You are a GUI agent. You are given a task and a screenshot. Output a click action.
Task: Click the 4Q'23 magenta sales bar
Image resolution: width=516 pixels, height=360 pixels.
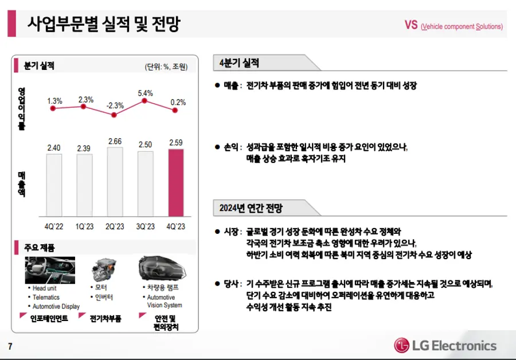tap(177, 182)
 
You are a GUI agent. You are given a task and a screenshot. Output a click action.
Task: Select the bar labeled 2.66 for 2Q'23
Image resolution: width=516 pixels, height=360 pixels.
tap(115, 181)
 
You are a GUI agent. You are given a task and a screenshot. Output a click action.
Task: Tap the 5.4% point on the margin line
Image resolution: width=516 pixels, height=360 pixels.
tap(145, 101)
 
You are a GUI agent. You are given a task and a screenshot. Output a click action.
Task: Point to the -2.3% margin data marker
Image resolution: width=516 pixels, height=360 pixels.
tap(114, 115)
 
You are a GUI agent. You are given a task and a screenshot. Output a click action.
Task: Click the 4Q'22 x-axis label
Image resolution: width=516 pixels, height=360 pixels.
tap(54, 226)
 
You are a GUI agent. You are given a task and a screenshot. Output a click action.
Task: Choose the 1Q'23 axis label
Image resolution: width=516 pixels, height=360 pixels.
tap(84, 226)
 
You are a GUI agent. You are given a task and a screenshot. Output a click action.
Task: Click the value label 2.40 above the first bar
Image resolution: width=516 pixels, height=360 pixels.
tap(54, 148)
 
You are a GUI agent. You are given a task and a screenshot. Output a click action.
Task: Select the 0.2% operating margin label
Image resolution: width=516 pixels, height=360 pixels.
tap(178, 103)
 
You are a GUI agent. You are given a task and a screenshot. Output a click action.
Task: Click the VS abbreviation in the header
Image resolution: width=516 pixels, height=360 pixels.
tap(411, 25)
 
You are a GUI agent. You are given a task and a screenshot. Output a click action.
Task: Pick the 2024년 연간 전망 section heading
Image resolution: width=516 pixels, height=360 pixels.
tap(251, 208)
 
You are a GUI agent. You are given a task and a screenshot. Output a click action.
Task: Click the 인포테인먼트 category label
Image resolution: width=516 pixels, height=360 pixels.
tap(49, 318)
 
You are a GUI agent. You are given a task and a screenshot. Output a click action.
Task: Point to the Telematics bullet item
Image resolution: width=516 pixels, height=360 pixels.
tap(46, 298)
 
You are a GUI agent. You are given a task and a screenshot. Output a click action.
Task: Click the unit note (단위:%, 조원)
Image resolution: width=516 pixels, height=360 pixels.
tap(166, 66)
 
